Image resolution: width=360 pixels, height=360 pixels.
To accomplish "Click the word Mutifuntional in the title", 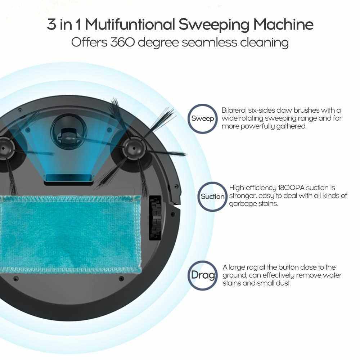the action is point(130,24).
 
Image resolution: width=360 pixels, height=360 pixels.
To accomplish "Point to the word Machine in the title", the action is point(283,24).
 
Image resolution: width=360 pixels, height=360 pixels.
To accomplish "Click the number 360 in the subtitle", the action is point(122,42).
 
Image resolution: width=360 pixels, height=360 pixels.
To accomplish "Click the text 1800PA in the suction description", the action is point(291,188).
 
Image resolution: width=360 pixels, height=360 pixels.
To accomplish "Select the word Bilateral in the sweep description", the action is point(233,110).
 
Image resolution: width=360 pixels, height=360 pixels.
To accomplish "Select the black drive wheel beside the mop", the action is point(156,218).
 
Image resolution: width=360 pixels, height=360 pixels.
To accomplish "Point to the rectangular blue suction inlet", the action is point(68,178).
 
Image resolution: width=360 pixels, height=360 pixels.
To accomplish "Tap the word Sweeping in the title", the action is point(214,25).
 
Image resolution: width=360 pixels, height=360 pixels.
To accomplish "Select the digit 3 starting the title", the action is point(51,24).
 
